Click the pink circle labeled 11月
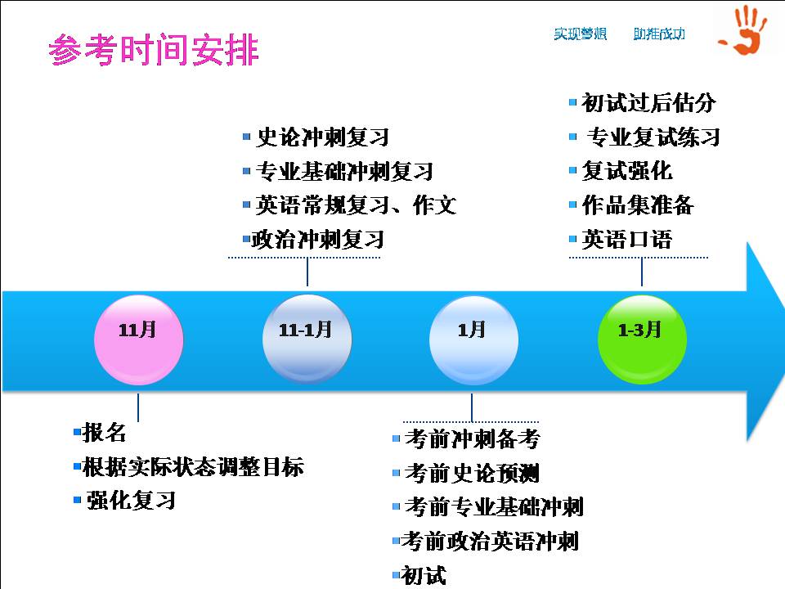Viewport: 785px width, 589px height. [x=139, y=339]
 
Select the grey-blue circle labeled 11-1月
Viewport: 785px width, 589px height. [x=307, y=339]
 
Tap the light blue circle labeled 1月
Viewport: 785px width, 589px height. [x=473, y=339]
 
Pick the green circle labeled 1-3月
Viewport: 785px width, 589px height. [x=643, y=339]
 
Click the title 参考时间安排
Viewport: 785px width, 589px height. [x=154, y=50]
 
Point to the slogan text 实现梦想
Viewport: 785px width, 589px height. [x=581, y=34]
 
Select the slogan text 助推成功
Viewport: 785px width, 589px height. [x=659, y=34]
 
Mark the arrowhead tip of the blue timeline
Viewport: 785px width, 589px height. [x=783, y=342]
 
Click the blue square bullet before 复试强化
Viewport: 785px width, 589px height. [x=572, y=171]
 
